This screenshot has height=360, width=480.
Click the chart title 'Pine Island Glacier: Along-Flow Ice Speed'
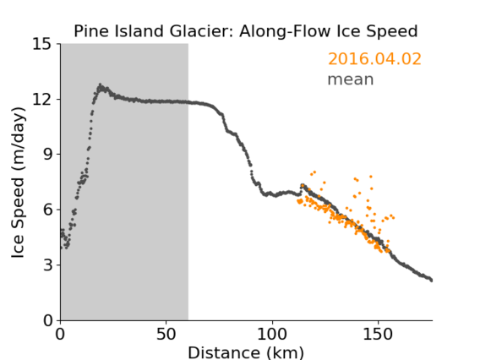[246, 32]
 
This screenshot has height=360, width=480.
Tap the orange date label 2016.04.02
[374, 59]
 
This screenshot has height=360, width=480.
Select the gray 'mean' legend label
[351, 79]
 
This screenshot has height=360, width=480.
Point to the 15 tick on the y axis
[42, 44]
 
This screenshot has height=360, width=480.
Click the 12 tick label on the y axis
[42, 99]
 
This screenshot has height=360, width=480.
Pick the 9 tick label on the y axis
[47, 155]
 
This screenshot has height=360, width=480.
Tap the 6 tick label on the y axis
[47, 210]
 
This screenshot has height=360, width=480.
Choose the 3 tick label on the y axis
[47, 265]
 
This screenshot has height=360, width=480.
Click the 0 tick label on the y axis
[47, 320]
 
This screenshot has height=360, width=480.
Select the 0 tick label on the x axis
[60, 335]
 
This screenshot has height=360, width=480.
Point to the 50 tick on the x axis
[166, 335]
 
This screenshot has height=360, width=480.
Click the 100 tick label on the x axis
[272, 335]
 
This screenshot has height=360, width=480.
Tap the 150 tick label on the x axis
[378, 335]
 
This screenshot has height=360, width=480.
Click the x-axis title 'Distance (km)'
[246, 352]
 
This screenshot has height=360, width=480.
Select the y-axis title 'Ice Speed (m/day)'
[18, 183]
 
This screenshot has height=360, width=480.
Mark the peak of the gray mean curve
[100, 85]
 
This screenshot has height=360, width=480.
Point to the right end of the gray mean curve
[431, 280]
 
